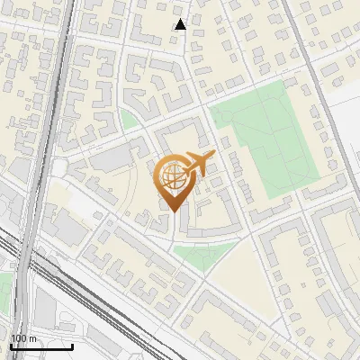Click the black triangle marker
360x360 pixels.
point(180,24)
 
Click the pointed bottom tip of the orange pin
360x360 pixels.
point(173,211)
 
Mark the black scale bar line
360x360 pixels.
point(41,346)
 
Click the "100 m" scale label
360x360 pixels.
point(24,338)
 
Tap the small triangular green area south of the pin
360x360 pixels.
point(205,253)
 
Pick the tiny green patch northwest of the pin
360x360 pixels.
point(129,120)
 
